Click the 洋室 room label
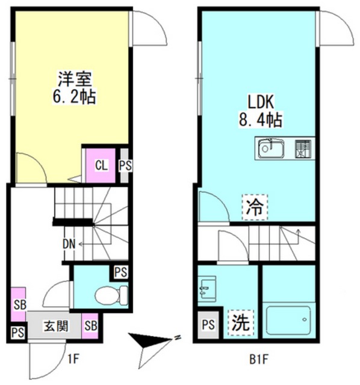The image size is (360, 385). point(71,78)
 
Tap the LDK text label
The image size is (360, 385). point(259,100)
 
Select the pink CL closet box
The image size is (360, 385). point(101,164)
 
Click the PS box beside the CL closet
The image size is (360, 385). point(125,164)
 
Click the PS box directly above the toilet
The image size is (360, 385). point(121,272)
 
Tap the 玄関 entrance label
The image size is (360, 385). point(55,328)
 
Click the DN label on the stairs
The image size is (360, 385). point(69,244)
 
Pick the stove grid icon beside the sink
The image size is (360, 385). point(303,148)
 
